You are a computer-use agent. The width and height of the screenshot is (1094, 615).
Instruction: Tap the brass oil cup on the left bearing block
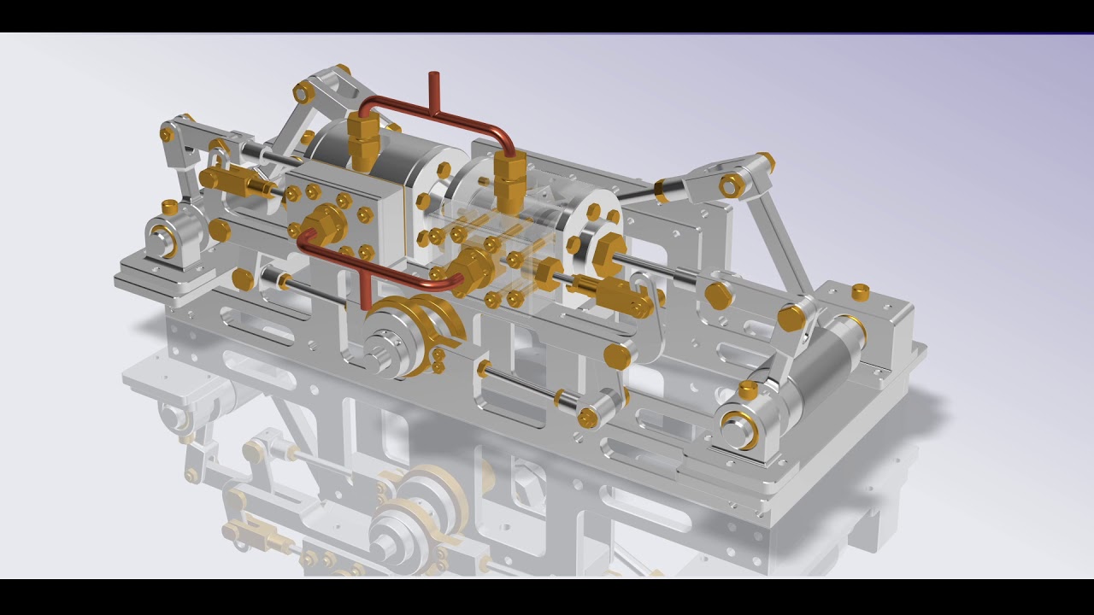pyautogui.click(x=170, y=207)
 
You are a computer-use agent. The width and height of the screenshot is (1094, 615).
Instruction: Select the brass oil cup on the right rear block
pyautogui.click(x=861, y=292)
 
